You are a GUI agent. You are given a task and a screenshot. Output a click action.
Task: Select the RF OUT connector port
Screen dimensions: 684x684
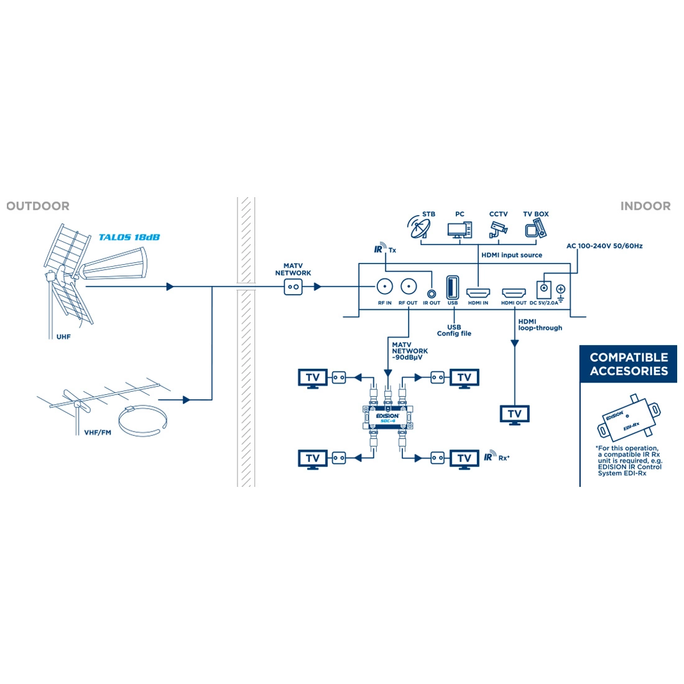(408, 287)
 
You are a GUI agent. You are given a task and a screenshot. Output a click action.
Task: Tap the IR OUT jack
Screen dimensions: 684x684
(431, 292)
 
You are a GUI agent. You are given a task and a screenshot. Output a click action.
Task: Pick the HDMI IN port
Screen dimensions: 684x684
(478, 292)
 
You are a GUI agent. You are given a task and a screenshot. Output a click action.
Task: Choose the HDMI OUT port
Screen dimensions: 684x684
(514, 292)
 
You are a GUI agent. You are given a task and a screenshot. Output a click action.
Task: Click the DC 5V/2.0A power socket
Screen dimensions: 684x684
(544, 288)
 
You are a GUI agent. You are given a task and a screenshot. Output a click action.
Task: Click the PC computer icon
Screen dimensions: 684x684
(459, 229)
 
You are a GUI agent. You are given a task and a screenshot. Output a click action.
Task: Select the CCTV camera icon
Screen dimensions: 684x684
(497, 229)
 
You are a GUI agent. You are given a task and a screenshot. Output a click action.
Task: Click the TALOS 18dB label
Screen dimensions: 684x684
(129, 237)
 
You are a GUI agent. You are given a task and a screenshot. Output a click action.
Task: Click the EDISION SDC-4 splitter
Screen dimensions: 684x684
(387, 416)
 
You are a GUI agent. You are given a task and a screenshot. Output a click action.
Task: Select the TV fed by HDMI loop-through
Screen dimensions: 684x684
(515, 415)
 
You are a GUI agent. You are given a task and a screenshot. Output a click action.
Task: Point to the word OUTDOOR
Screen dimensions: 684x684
(38, 206)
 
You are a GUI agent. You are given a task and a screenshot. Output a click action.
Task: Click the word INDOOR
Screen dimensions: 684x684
(645, 206)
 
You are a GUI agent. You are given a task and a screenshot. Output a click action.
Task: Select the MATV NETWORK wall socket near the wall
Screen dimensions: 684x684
(293, 287)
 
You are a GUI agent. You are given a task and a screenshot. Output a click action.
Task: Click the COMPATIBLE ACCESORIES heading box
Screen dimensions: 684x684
(629, 364)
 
